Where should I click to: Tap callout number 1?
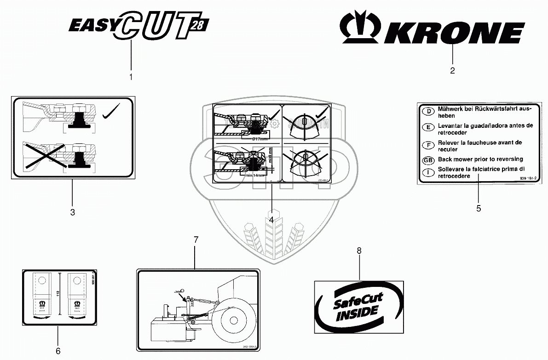pyautogui.click(x=131, y=77)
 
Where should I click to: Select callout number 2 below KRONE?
pyautogui.click(x=452, y=70)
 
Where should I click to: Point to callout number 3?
pyautogui.click(x=72, y=212)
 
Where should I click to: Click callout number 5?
pyautogui.click(x=479, y=208)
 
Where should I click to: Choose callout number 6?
pyautogui.click(x=58, y=351)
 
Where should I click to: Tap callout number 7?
pyautogui.click(x=196, y=240)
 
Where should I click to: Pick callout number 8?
pyautogui.click(x=359, y=251)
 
